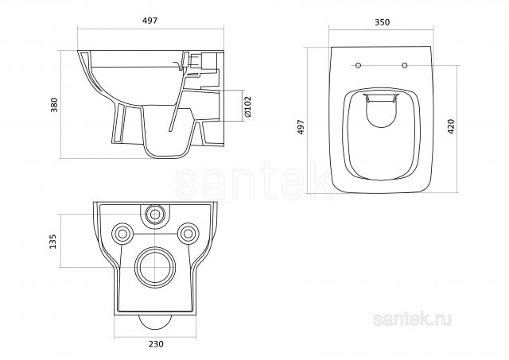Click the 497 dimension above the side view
coord(150,21)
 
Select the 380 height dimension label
coord(54,104)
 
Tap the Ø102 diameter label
coord(247,106)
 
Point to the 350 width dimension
coord(382,22)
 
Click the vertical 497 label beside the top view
coord(301,127)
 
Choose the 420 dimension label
coord(451,126)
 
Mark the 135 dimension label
coord(52,242)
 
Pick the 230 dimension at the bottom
coord(156,344)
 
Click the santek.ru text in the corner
coord(412,319)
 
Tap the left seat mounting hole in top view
coord(359,65)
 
